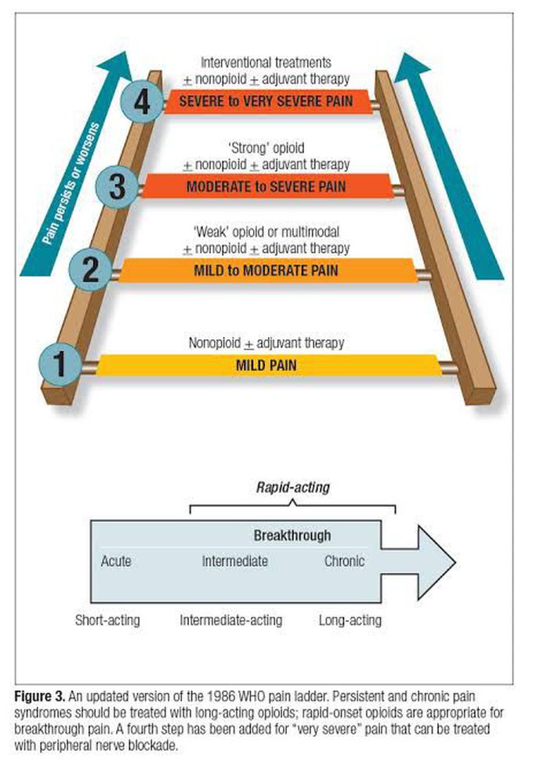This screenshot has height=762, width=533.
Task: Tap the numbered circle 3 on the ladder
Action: coord(116,187)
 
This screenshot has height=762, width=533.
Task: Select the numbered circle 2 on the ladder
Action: coord(90,270)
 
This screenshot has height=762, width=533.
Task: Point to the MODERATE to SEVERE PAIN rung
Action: coord(266,187)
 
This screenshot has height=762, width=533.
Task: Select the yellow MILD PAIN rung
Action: coord(266,365)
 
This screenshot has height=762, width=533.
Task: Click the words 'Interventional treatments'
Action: coord(266,61)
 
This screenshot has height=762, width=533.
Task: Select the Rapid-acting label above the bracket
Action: coord(293,487)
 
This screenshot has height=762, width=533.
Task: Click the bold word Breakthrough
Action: coord(292,536)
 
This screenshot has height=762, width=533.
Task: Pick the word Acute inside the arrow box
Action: coord(116,561)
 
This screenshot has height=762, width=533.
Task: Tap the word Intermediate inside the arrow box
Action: coord(234,561)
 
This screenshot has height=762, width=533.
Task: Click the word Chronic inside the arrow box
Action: coord(344,561)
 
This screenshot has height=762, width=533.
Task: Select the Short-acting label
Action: coord(107,620)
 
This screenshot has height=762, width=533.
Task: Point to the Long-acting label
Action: coord(350,620)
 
